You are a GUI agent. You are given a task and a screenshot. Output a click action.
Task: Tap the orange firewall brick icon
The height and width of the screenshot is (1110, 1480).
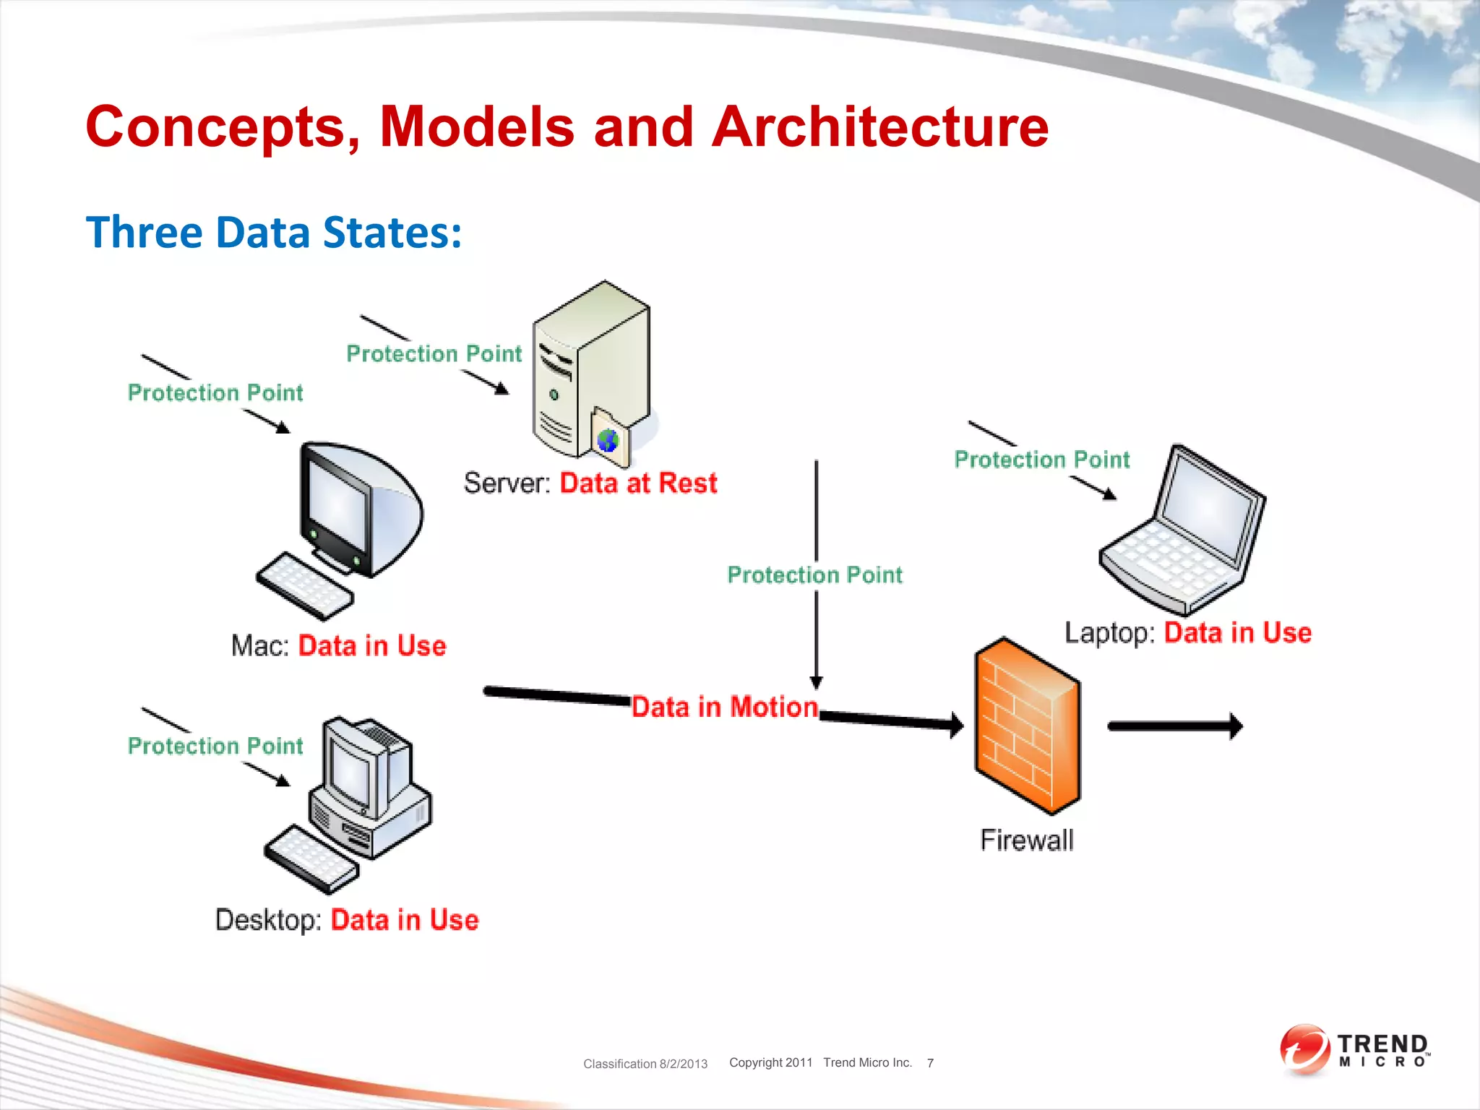[1026, 726]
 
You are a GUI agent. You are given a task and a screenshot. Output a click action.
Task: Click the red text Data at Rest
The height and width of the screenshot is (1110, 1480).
[638, 483]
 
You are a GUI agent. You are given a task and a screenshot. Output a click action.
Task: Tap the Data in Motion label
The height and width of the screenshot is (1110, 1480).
[724, 707]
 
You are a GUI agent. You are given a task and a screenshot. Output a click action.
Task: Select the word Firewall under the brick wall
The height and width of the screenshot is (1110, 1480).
[1026, 840]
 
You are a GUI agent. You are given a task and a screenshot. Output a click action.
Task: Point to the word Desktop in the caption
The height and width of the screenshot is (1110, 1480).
[268, 920]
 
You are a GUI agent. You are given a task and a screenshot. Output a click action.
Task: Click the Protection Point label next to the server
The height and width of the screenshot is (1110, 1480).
[434, 353]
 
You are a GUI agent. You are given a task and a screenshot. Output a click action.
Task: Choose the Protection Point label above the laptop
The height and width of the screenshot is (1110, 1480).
[1041, 460]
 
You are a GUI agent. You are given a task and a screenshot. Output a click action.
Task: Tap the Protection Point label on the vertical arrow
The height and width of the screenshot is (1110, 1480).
[814, 575]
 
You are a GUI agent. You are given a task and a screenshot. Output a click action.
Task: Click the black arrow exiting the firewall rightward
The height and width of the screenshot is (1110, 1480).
[1174, 726]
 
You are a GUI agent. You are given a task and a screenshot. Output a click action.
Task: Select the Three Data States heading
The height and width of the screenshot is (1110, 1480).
[273, 233]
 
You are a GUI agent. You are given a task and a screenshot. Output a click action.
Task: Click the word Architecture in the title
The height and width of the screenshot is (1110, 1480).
[879, 127]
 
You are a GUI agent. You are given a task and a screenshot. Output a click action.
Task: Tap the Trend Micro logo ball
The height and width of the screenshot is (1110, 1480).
[1304, 1048]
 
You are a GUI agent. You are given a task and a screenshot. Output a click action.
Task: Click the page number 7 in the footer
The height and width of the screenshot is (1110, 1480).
[930, 1063]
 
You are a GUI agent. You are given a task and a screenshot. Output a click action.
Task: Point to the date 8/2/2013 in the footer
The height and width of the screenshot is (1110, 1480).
[683, 1064]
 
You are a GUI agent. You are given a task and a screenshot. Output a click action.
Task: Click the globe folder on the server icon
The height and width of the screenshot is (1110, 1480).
[609, 437]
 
